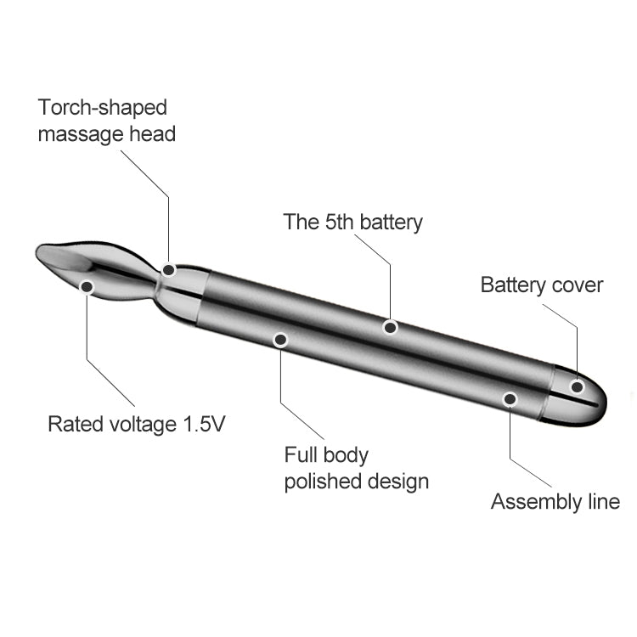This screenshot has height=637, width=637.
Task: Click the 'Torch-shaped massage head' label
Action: click(x=106, y=121)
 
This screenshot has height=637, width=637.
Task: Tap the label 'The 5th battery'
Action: click(x=352, y=223)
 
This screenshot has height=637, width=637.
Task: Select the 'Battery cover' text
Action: click(x=542, y=285)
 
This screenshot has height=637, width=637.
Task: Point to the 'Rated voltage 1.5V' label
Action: click(x=136, y=424)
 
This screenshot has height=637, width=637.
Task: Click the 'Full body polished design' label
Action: click(x=356, y=468)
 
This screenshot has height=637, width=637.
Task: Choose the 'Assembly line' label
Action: click(x=555, y=501)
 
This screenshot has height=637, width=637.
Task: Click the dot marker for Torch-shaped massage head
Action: click(x=169, y=270)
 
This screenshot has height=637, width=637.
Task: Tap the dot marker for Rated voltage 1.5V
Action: click(x=87, y=287)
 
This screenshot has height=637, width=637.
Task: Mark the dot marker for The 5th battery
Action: click(x=391, y=327)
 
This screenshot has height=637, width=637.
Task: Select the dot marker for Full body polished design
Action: click(x=281, y=340)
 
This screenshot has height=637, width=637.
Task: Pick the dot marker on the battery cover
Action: click(x=578, y=386)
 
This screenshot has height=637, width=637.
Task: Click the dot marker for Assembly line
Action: click(x=510, y=399)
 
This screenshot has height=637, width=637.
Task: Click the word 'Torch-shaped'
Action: click(x=103, y=108)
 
